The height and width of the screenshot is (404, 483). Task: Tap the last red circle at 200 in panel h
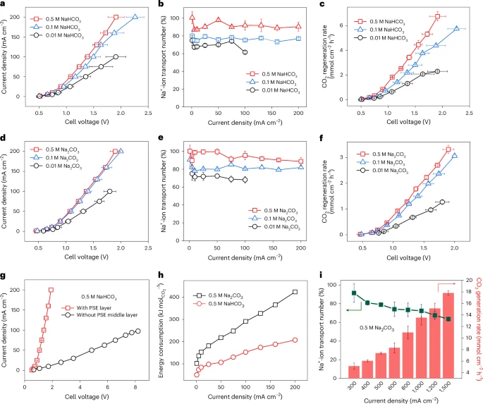tap(295, 341)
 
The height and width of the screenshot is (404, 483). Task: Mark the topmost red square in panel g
tap(51, 290)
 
